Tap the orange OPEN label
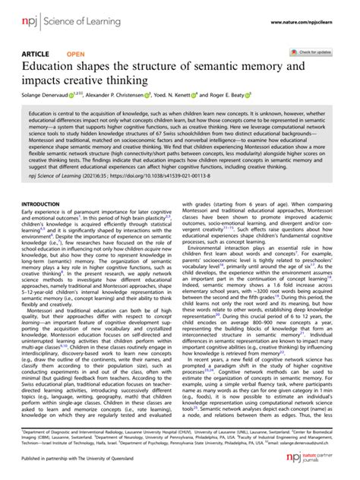click(76, 54)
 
